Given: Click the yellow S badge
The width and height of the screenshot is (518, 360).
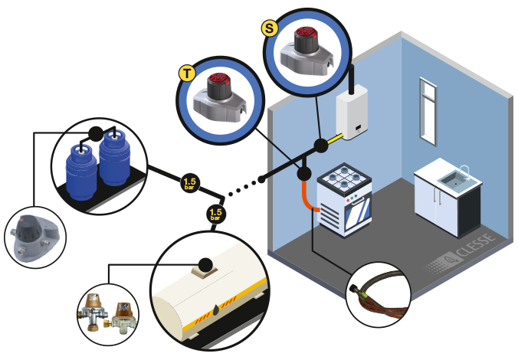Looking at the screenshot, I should point(269,28).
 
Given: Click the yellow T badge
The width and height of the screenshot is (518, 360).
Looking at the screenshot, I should point(185,74).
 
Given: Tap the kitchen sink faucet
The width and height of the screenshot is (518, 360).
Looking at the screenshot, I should point(464,169).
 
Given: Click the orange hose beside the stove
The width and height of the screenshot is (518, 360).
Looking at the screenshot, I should point(307,195).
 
